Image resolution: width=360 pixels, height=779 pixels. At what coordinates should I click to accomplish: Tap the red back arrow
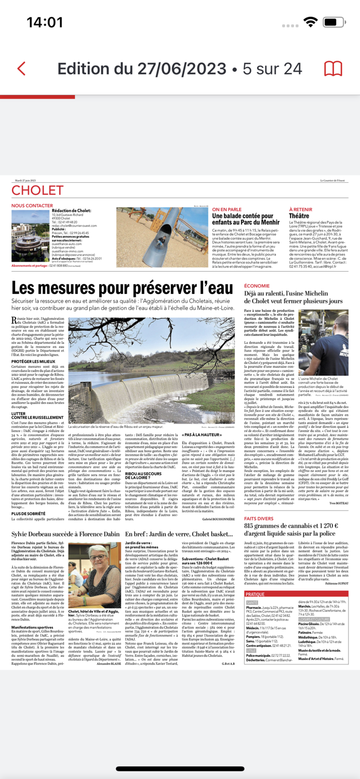[x=21, y=69]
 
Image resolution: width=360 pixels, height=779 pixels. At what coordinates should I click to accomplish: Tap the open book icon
[x=333, y=69]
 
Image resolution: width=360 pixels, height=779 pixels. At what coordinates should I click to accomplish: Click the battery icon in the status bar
[x=336, y=22]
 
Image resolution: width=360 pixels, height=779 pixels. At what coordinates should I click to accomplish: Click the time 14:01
[x=45, y=22]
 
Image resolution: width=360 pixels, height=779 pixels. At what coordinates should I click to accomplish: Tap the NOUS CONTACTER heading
[x=32, y=206]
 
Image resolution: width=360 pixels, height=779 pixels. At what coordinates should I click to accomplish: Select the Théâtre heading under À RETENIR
[x=299, y=216]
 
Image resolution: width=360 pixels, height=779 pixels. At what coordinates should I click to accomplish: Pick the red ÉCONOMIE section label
[x=257, y=286]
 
